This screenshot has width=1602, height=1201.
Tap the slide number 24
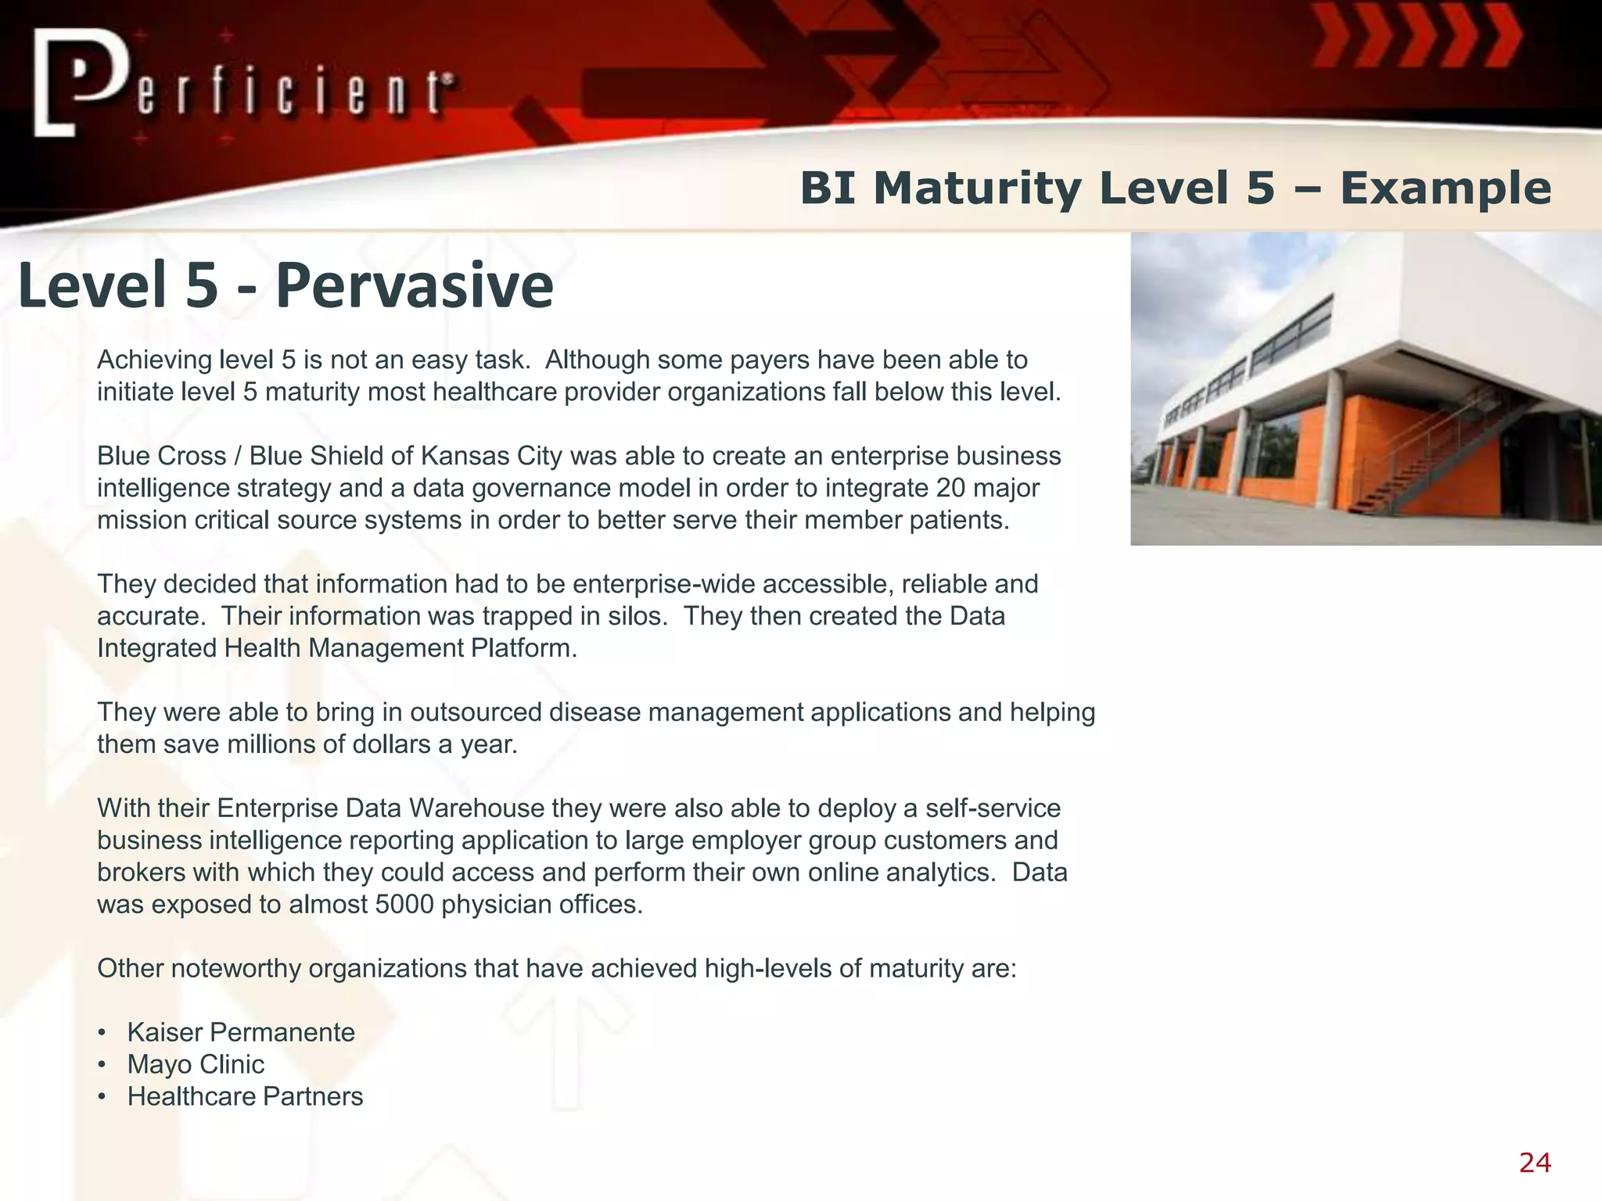click(x=1535, y=1163)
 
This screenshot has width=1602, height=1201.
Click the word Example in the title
click(x=1446, y=188)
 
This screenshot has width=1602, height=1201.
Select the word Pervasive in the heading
click(x=415, y=285)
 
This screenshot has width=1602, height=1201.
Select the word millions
click(x=271, y=744)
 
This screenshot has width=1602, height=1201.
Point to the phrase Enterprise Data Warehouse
click(x=380, y=808)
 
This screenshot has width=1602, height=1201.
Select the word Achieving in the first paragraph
click(x=154, y=360)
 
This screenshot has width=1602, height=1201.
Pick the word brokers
click(x=141, y=872)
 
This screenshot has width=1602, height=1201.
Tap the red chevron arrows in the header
click(x=1416, y=35)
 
